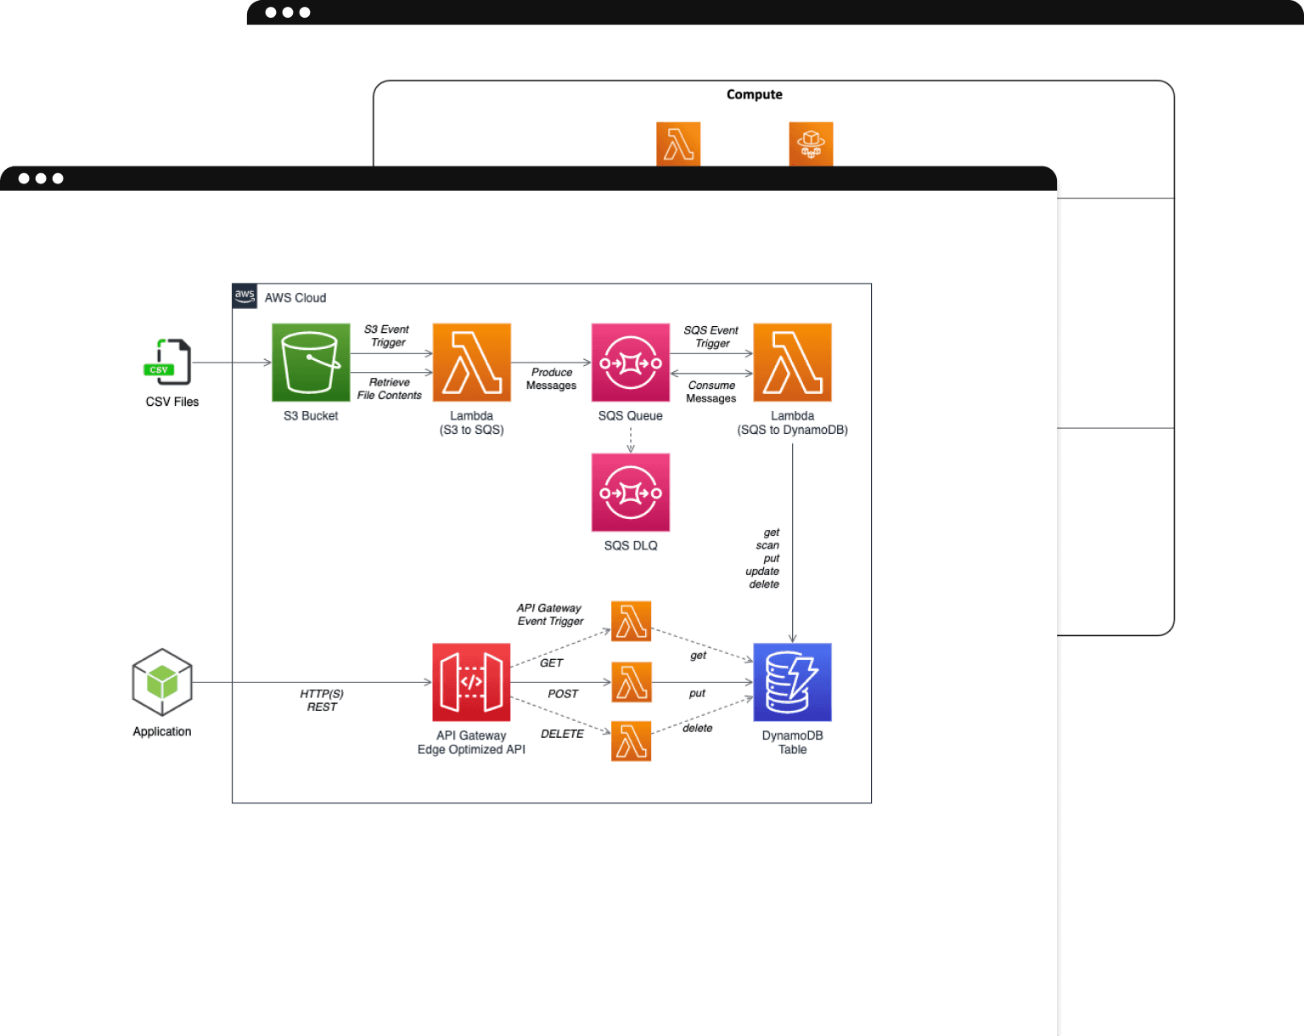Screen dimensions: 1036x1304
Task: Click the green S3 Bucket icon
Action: [311, 363]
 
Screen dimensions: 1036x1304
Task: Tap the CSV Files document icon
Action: [169, 362]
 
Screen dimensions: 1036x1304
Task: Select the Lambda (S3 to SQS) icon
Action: [472, 363]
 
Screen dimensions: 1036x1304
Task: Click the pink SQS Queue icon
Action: [631, 363]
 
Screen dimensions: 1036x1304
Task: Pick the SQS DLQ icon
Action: [631, 493]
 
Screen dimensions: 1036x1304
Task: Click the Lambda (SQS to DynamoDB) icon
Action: [792, 363]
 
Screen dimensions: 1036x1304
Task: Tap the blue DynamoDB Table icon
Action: [792, 682]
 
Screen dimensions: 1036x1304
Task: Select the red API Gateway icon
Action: [471, 682]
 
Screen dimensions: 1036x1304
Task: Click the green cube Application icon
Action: [162, 682]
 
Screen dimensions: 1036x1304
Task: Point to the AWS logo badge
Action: [244, 296]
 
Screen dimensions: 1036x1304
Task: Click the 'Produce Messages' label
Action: [552, 379]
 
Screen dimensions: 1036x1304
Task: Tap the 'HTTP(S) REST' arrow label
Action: [322, 701]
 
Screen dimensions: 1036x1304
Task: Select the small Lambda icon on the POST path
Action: [632, 682]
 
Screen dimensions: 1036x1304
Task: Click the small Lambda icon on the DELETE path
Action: [632, 741]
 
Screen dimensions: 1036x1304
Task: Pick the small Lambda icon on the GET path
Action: [632, 621]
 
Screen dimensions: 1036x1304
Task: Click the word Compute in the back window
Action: [754, 94]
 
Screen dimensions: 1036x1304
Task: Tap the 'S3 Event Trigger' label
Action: [387, 335]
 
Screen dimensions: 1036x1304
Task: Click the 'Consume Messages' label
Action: [711, 391]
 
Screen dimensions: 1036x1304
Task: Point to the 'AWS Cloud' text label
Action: [295, 298]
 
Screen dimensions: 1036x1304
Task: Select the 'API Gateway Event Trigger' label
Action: [550, 615]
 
